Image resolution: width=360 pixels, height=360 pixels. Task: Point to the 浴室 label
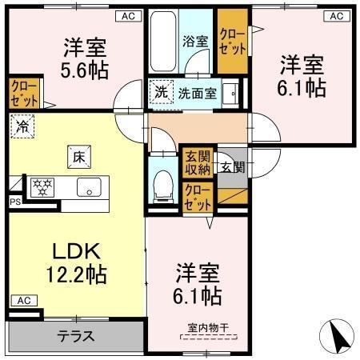tap(194, 41)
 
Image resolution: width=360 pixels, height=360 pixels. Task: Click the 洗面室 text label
tap(198, 93)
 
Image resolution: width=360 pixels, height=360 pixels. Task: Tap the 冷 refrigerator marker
tap(23, 126)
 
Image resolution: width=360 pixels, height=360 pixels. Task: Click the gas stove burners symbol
tap(41, 188)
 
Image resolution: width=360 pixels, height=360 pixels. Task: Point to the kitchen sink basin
tap(86, 189)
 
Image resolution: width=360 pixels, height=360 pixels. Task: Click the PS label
tap(14, 202)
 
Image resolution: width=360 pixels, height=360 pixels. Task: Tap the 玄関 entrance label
tap(233, 166)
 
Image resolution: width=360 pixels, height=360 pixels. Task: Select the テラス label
tap(77, 336)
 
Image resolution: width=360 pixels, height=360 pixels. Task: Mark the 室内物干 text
tap(208, 327)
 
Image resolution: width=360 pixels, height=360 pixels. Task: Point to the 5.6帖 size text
tap(86, 69)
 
